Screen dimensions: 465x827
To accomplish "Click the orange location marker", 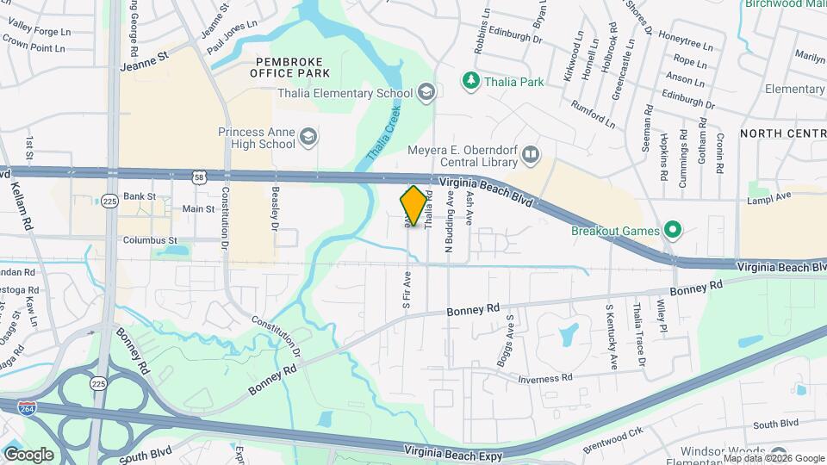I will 414,207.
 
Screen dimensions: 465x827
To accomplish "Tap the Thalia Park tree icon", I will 470,82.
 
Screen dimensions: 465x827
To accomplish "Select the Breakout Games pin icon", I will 673,231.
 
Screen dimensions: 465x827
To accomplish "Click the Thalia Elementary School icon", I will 426,93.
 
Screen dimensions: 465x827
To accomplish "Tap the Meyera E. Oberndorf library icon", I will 531,154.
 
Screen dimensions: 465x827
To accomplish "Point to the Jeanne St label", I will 142,62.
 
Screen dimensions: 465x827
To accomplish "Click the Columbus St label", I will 150,240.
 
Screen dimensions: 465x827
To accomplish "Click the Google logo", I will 28,455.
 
